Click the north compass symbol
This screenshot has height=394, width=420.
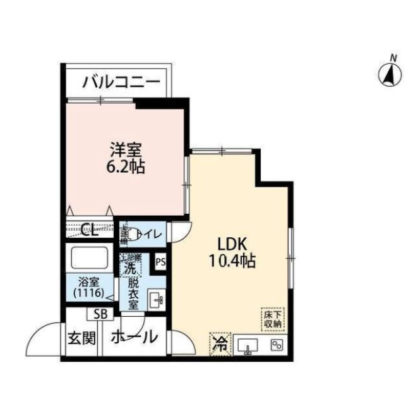click(392, 75)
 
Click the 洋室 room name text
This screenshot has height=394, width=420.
click(126, 151)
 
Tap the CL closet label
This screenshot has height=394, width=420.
click(88, 230)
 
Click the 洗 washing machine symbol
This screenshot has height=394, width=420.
click(129, 267)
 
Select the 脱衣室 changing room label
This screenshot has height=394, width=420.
click(133, 293)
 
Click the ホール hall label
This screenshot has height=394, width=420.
click(133, 338)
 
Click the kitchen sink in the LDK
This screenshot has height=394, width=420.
click(248, 345)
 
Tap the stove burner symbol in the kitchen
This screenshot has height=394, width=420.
click(277, 345)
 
